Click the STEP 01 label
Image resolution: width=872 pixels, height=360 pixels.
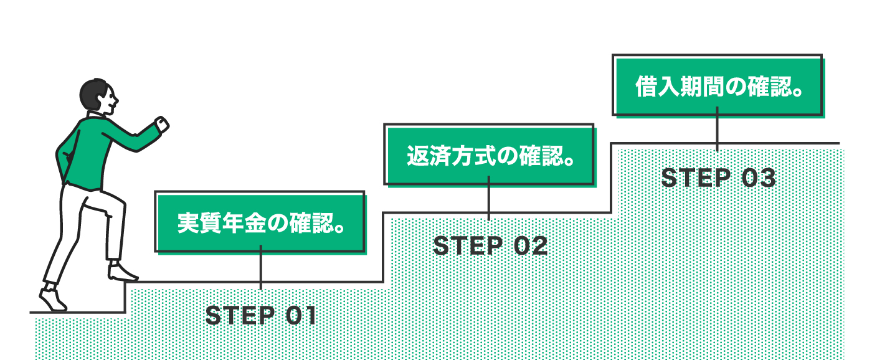tap(261, 316)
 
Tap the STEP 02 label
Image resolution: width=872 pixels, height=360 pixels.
tap(490, 246)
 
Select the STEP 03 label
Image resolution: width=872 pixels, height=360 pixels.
tap(718, 179)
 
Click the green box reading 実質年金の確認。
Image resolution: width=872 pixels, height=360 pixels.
tap(260, 222)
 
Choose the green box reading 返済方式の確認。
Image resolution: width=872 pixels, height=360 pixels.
tap(489, 155)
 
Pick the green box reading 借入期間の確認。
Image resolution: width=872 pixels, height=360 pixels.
tap(718, 87)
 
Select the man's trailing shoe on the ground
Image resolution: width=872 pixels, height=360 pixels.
tap(52, 299)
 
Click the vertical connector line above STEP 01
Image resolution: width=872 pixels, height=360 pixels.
tap(260, 268)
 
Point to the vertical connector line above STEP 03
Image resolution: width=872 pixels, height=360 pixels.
tap(718, 129)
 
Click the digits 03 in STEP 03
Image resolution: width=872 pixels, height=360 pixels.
tap(759, 179)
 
